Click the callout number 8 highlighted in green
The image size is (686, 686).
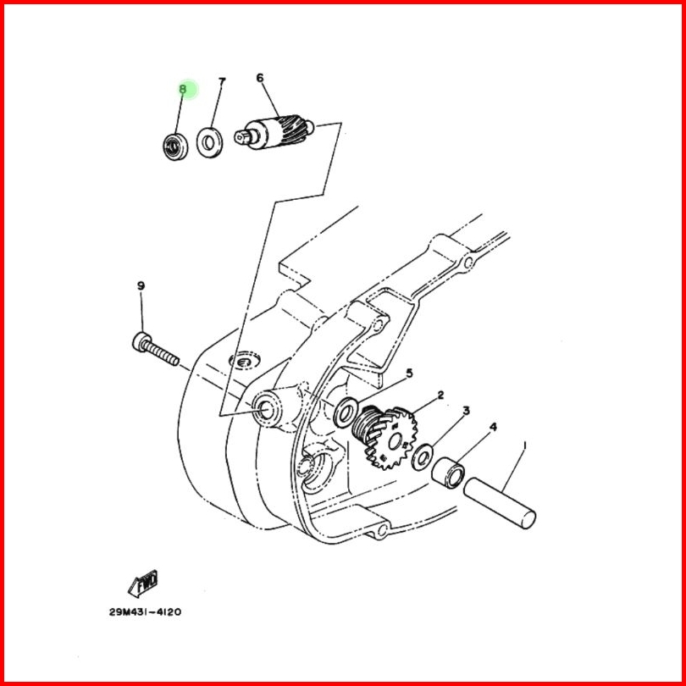click(x=183, y=89)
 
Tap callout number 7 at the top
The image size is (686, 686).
click(x=222, y=82)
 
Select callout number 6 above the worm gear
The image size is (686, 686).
click(x=260, y=78)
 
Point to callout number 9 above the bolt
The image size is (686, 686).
click(x=141, y=286)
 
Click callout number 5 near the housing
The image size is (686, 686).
click(x=410, y=373)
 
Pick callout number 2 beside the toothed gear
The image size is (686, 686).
click(x=440, y=395)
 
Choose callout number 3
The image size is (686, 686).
click(x=467, y=411)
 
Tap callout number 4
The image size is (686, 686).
click(x=493, y=427)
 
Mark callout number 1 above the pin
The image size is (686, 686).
click(x=525, y=445)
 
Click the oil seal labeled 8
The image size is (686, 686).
click(x=175, y=147)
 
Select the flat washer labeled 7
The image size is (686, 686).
click(x=209, y=142)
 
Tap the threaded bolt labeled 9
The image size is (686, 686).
click(x=156, y=349)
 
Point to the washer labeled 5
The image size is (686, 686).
click(x=346, y=412)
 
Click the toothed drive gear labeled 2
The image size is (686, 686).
click(x=385, y=437)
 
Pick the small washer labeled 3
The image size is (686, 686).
click(x=423, y=457)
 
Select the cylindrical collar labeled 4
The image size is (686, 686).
click(x=448, y=473)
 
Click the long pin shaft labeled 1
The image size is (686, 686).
click(x=500, y=503)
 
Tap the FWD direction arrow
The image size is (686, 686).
click(x=142, y=584)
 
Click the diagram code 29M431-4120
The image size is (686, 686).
click(x=146, y=611)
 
